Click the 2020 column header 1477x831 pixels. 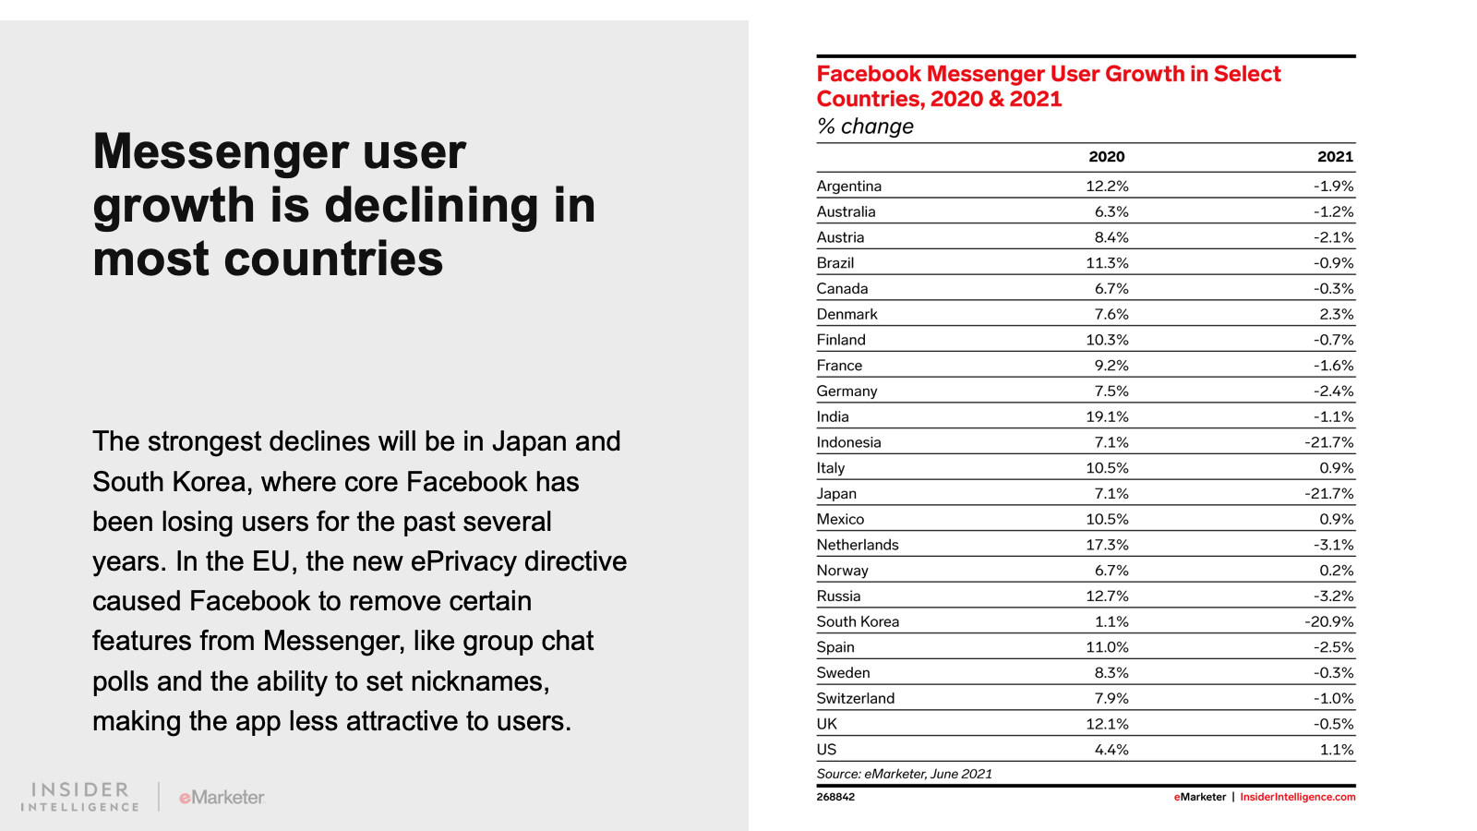point(1106,157)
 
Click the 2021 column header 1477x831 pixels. point(1335,157)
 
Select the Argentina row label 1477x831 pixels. point(848,186)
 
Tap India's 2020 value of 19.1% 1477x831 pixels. point(1107,416)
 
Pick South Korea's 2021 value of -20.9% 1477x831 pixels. point(1328,621)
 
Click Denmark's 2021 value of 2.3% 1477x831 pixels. point(1336,314)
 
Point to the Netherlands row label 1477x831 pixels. point(857,545)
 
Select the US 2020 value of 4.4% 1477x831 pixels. point(1111,750)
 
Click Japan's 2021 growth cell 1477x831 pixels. point(1328,494)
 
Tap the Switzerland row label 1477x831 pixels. point(855,698)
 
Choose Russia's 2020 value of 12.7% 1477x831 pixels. point(1107,596)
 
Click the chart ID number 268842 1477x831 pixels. point(835,797)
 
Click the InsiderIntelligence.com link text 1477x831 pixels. point(1297,797)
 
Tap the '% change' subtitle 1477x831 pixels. point(865,126)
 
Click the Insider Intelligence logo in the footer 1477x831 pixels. point(80,797)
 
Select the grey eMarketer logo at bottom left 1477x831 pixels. point(222,797)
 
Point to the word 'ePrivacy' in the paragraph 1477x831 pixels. point(463,561)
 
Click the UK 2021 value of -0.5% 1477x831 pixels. point(1333,724)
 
